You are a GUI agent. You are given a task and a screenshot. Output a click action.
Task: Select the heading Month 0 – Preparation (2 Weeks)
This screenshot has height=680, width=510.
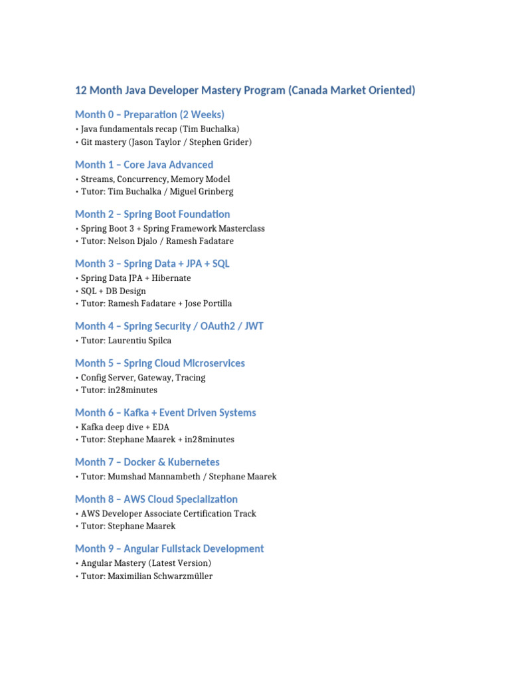[149, 114]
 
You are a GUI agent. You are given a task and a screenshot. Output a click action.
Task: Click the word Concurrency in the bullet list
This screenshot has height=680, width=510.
[140, 179]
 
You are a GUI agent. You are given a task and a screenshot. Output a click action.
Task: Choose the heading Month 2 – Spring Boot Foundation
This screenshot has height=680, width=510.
[152, 214]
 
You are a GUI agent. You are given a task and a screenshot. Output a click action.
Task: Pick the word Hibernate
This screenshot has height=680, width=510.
[169, 278]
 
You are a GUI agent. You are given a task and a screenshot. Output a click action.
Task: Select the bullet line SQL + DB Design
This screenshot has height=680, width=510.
[113, 291]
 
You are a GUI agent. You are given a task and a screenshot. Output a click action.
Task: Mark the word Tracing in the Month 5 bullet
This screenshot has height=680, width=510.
[191, 378]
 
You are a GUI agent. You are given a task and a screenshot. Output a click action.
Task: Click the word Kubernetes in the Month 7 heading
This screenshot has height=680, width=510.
[190, 462]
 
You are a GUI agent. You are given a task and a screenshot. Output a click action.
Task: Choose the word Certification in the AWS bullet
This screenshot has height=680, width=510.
[202, 513]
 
